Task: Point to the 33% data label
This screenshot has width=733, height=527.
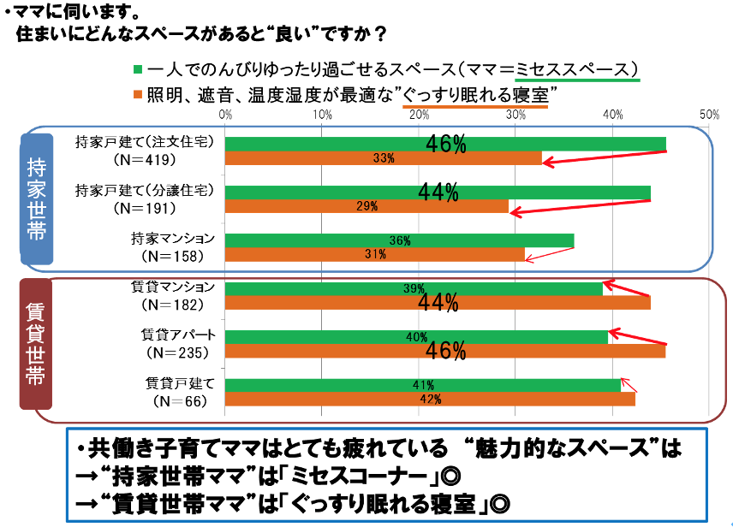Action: (383, 158)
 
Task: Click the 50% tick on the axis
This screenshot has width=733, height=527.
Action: (709, 114)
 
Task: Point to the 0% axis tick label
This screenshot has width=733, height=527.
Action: (225, 114)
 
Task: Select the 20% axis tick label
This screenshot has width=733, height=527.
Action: (419, 114)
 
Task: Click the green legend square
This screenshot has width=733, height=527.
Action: (138, 68)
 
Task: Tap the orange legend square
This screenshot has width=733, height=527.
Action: (138, 93)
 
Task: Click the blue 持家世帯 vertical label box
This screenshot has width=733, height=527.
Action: (37, 198)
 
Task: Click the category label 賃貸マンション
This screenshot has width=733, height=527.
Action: (173, 286)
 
